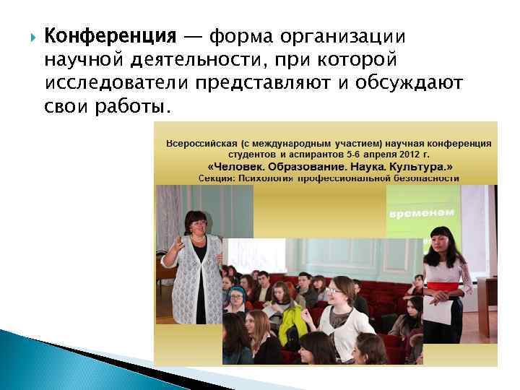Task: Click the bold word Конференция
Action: pyautogui.click(x=110, y=35)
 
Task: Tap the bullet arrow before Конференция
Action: pyautogui.click(x=28, y=36)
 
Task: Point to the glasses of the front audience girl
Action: pyautogui.click(x=334, y=292)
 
